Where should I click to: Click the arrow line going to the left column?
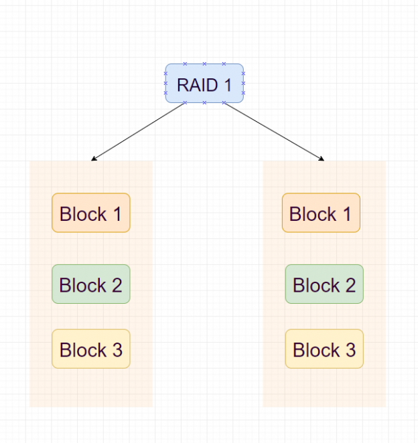(137, 132)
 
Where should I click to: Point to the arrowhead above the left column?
(94, 159)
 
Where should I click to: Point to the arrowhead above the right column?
(322, 159)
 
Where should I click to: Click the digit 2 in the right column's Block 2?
(350, 285)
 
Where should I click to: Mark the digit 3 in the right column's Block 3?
(350, 350)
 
